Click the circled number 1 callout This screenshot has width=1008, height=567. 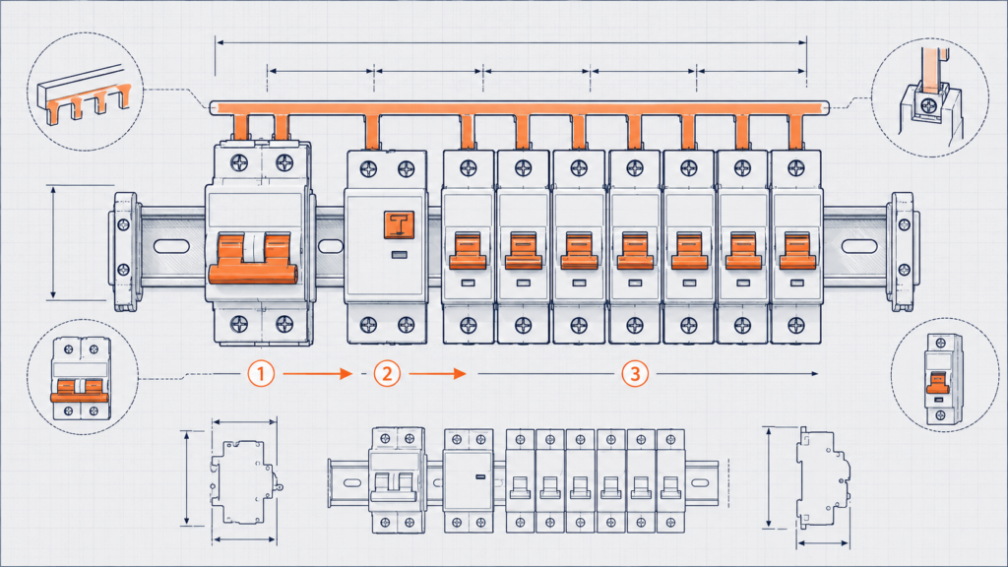(x=261, y=373)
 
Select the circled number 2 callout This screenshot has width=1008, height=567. (x=387, y=373)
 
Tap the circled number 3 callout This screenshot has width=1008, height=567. (x=635, y=373)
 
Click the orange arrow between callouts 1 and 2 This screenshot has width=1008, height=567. (x=318, y=373)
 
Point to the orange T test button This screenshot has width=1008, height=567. (x=399, y=225)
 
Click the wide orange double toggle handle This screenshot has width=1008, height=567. (x=253, y=258)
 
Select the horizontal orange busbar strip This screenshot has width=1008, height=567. (x=520, y=107)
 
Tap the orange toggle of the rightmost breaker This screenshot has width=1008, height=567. (x=797, y=251)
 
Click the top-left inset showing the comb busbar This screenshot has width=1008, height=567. (x=85, y=92)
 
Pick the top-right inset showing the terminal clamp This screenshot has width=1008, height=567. (x=929, y=97)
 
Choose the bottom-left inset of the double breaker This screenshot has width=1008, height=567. (x=83, y=377)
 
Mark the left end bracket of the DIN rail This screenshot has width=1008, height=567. (x=125, y=251)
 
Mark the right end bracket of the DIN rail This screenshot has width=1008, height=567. (x=903, y=251)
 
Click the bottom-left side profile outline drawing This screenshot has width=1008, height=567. (x=245, y=481)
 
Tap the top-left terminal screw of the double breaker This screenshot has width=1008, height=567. (x=240, y=162)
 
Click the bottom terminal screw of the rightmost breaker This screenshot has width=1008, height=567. (x=796, y=325)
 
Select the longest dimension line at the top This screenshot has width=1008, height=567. (x=511, y=42)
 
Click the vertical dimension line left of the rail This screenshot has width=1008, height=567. (x=53, y=242)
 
